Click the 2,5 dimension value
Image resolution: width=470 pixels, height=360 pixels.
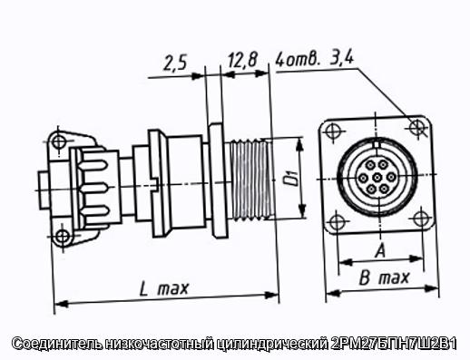click(x=175, y=63)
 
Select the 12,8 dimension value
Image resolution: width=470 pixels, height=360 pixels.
click(x=242, y=60)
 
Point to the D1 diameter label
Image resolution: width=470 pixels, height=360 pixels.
click(x=291, y=178)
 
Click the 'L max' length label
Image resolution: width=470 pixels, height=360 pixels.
click(x=164, y=288)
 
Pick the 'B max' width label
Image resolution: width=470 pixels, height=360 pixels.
click(x=384, y=277)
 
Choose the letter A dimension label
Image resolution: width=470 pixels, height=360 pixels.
click(x=380, y=251)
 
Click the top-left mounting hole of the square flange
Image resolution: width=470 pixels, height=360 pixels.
click(x=332, y=131)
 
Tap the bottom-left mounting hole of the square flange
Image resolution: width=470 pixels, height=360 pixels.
click(x=337, y=222)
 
